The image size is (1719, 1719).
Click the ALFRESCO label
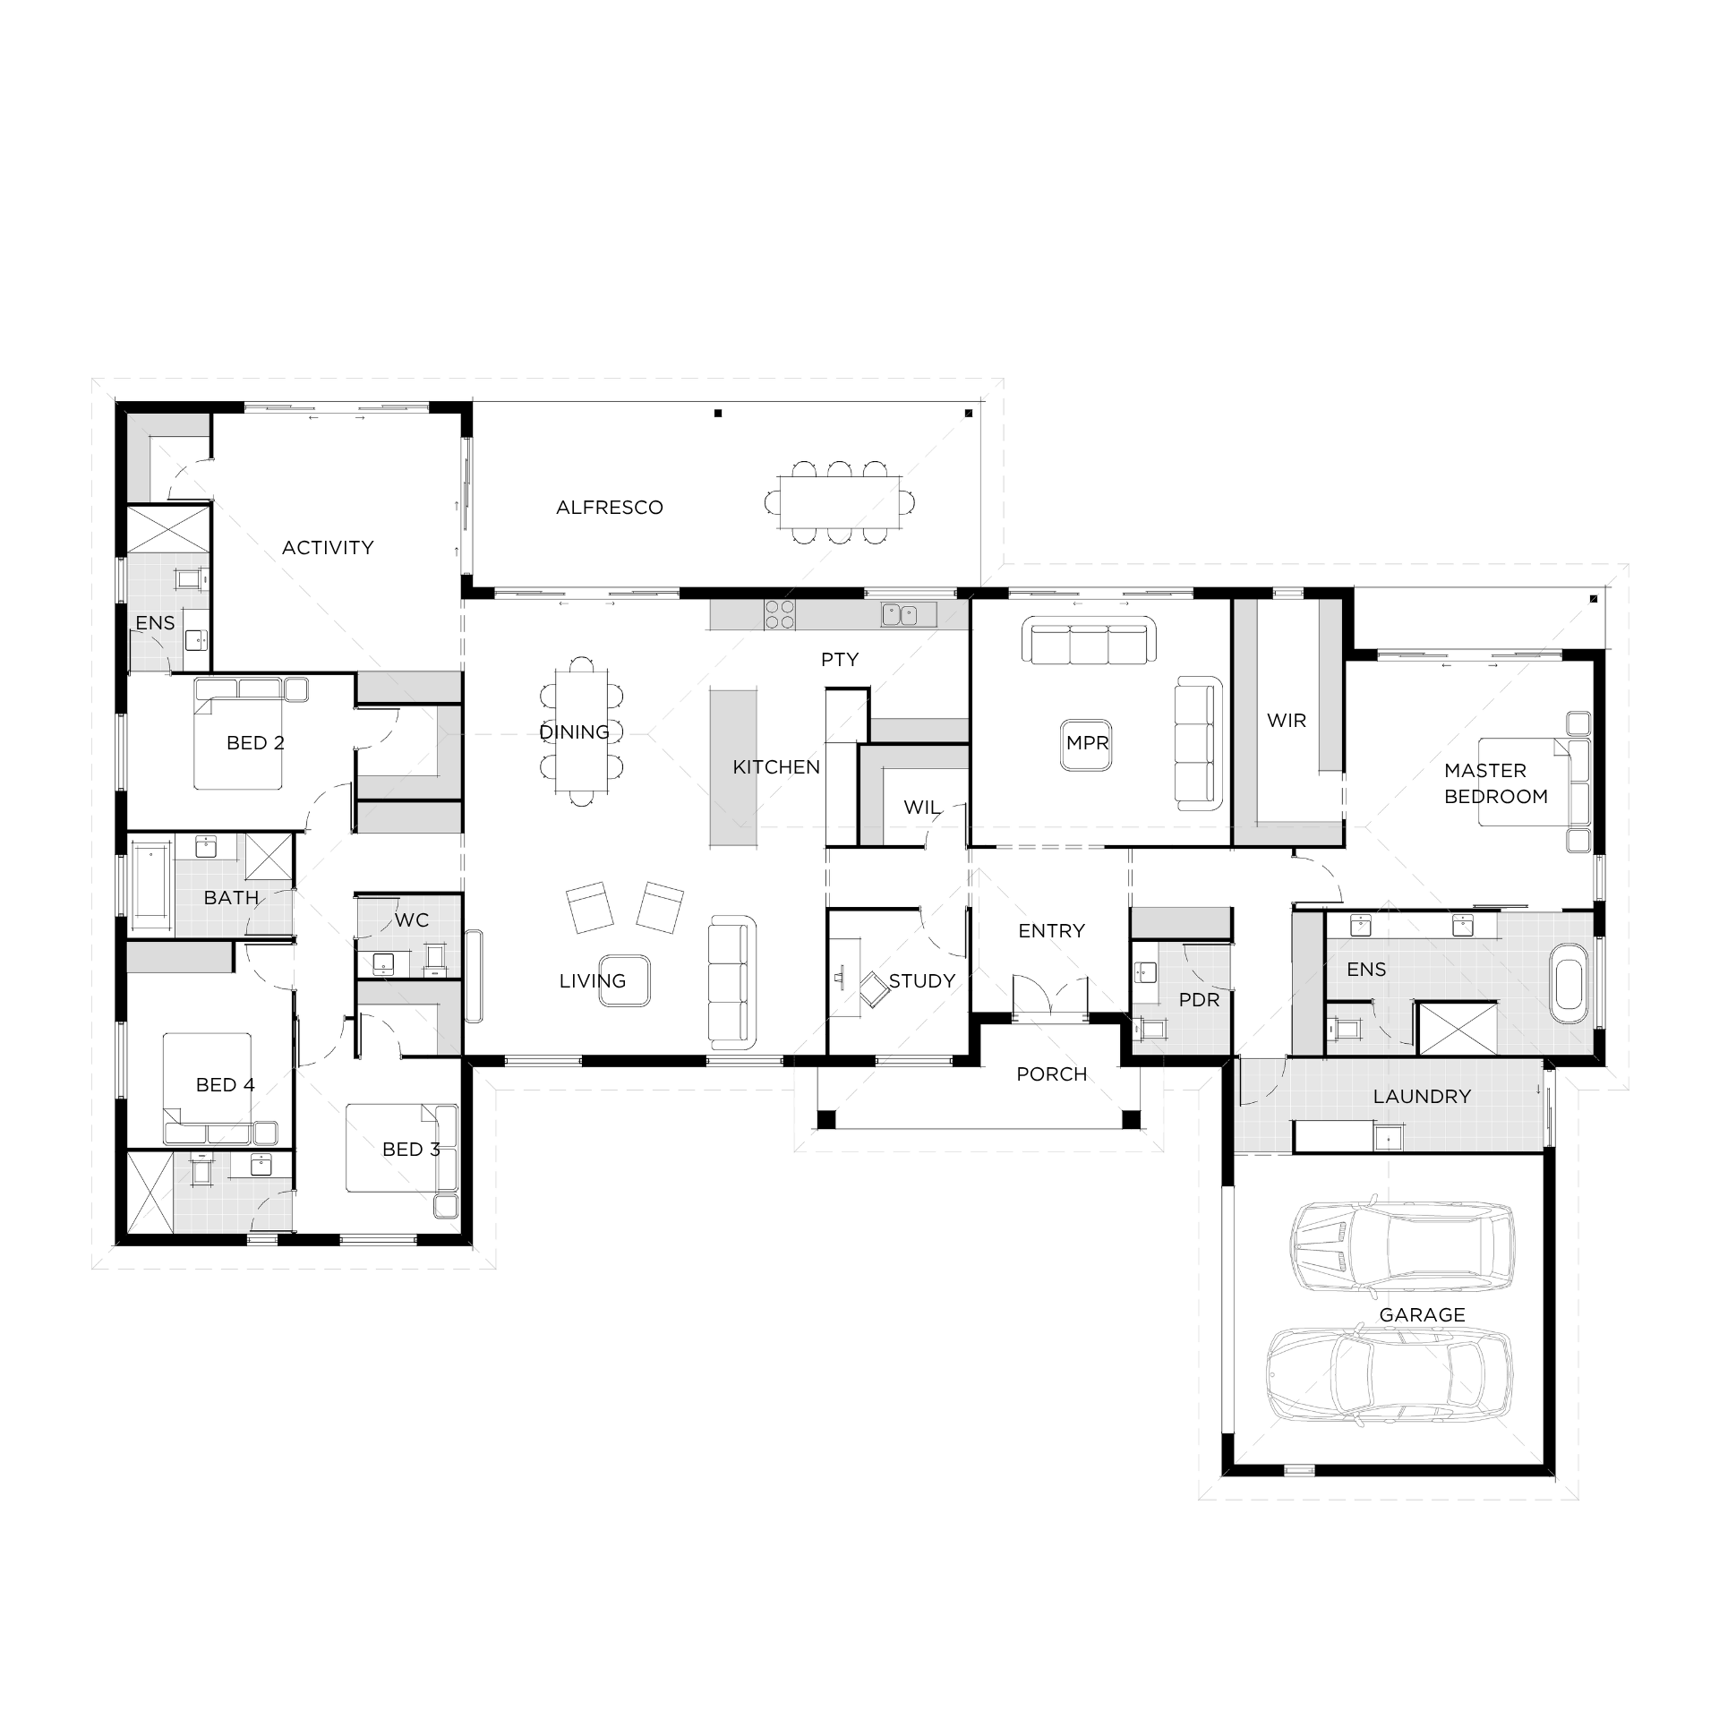click(x=609, y=508)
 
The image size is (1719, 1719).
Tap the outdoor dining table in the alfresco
click(x=840, y=502)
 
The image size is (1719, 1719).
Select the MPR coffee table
click(x=1087, y=743)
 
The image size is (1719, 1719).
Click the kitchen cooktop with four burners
click(x=779, y=614)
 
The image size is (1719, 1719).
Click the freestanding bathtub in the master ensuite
click(x=1570, y=991)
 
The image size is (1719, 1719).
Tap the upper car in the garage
click(x=1402, y=1244)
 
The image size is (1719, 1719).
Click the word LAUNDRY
click(x=1421, y=1096)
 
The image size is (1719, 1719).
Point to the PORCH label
click(x=1051, y=1073)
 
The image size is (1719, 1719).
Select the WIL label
click(x=921, y=807)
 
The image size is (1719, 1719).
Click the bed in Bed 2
click(x=240, y=743)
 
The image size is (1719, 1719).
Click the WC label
click(x=411, y=919)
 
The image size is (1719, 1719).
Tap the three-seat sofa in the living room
click(x=731, y=982)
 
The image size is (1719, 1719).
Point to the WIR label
click(x=1286, y=720)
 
